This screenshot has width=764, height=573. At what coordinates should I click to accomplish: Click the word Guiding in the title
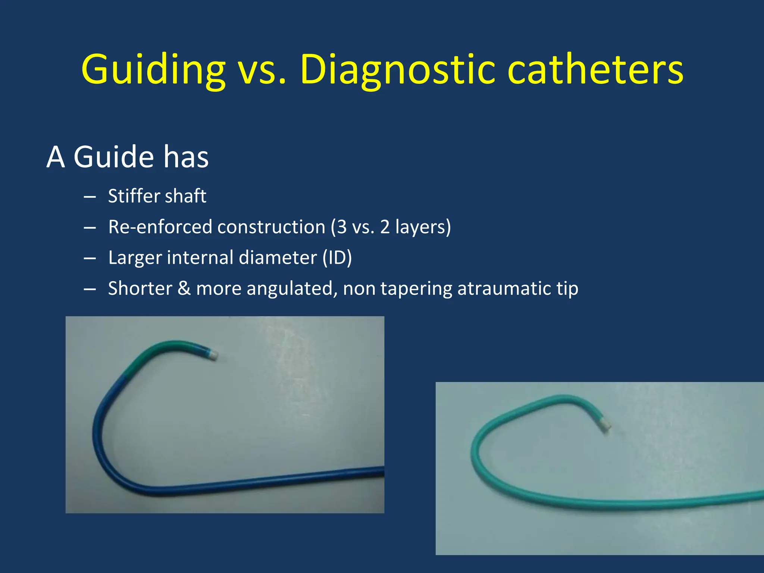pos(153,70)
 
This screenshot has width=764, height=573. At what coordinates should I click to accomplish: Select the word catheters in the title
pos(596,70)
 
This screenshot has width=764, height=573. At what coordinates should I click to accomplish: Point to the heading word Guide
pos(113,157)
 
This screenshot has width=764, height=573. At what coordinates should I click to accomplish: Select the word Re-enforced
pos(160,227)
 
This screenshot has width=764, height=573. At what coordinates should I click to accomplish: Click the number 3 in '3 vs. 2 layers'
pos(342,227)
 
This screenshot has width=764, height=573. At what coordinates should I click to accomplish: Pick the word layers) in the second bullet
pos(423,227)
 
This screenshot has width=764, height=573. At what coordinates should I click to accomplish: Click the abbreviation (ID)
pos(337,257)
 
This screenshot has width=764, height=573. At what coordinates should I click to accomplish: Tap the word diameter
pos(278,257)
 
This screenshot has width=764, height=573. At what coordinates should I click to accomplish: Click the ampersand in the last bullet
pos(184,288)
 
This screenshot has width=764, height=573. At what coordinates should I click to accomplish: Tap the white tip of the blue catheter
pos(213,355)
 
